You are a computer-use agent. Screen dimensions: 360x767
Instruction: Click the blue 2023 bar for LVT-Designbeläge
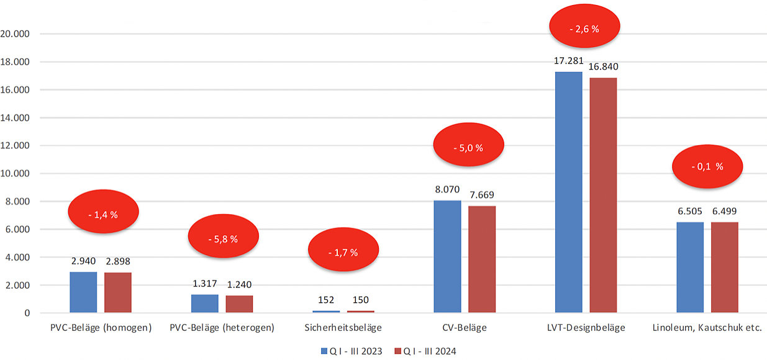pos(568,192)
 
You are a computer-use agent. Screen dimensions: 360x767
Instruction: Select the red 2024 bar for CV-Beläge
pos(482,259)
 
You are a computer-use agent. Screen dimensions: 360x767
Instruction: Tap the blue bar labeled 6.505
pos(690,268)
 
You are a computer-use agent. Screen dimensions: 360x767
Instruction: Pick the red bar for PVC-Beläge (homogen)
pos(117,292)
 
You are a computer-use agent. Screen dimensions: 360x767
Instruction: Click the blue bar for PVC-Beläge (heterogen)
pos(205,304)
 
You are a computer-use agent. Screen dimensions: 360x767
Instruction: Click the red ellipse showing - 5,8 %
pos(222,239)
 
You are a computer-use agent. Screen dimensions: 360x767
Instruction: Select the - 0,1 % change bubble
pos(707,167)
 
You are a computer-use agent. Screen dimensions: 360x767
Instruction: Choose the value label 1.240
pos(239,285)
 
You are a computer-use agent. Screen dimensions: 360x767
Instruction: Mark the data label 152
pos(326,300)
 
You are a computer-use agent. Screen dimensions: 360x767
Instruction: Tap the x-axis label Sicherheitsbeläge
pos(343,327)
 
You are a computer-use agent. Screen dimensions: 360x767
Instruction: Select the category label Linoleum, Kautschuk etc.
pos(707,327)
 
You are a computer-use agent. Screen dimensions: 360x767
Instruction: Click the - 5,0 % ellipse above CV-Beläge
pos(468,148)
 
